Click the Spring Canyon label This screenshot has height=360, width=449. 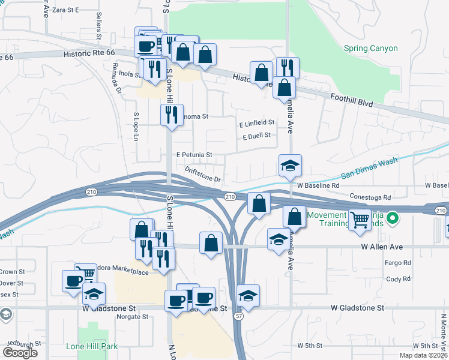point(370,48)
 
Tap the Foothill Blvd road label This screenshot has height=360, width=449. point(352,100)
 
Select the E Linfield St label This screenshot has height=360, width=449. point(256,122)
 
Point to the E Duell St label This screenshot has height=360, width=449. point(258,137)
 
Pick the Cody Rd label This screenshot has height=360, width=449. point(398,279)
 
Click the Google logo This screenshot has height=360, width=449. point(20,353)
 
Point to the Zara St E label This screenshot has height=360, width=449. point(66,10)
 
